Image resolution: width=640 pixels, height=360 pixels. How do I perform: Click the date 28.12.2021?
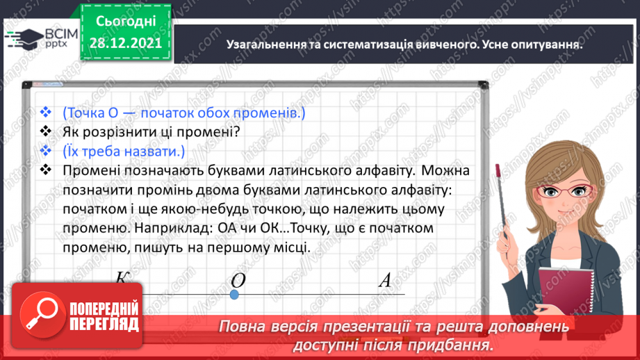point(126,43)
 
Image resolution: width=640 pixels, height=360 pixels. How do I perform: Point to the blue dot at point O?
point(234,295)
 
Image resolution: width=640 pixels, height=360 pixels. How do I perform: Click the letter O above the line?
point(238,280)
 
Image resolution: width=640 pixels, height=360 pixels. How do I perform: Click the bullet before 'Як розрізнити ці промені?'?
point(47,131)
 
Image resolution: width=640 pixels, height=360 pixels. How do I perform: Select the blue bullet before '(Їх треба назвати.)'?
point(47,151)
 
